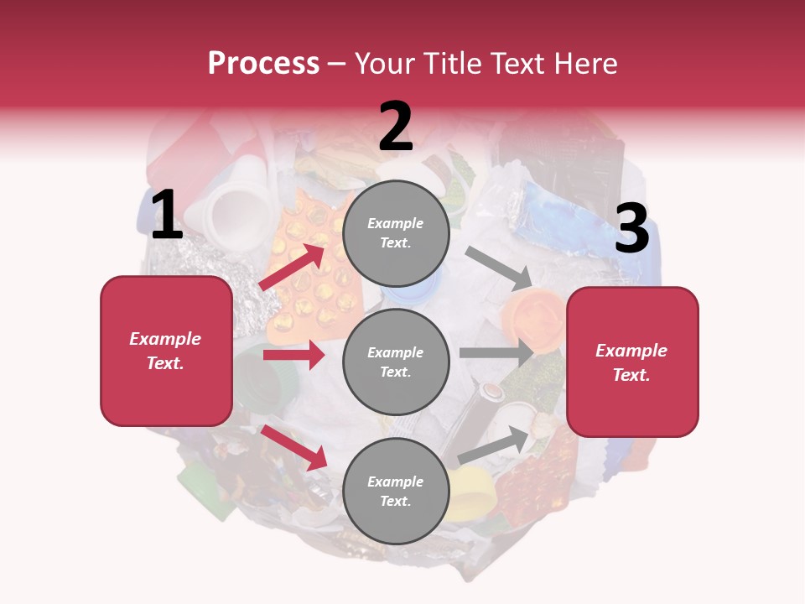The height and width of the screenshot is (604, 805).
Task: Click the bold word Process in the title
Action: pos(263,64)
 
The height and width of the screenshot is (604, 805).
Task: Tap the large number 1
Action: pos(166,216)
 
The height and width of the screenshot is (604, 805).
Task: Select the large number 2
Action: pos(396,128)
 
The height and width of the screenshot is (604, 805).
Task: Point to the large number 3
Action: pos(631,229)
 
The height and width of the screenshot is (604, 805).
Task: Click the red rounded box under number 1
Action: pos(166,351)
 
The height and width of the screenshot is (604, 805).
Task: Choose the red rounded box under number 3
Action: pos(632,362)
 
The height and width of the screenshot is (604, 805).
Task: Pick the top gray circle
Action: pos(396,233)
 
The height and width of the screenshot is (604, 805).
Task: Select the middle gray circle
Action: pos(396,362)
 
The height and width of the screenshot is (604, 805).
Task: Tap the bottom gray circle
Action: pos(396,491)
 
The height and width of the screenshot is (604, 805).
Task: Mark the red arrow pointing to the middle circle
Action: pos(293,355)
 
